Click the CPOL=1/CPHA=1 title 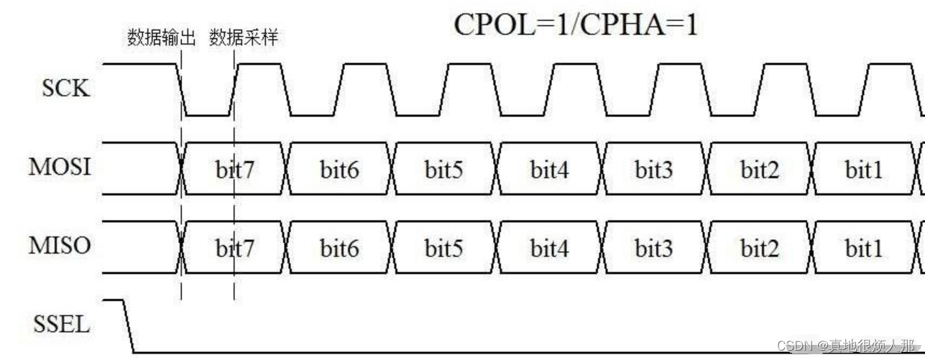576,25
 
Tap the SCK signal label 65,90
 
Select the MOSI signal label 60,167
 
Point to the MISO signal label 60,246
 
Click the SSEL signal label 63,325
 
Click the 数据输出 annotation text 162,38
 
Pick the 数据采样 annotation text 243,38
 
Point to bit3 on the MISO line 654,249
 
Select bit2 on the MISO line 760,249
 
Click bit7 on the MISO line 235,249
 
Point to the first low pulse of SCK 208,114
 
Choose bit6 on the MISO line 340,249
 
